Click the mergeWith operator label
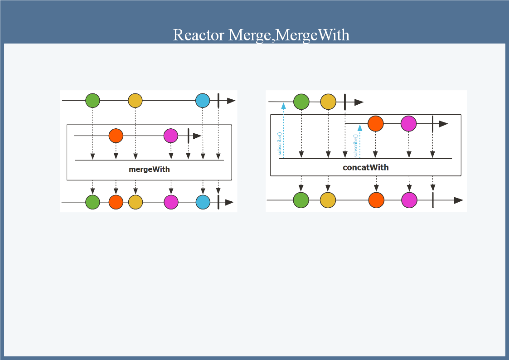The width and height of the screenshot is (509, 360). (x=149, y=170)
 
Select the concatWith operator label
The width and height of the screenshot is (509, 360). (x=365, y=167)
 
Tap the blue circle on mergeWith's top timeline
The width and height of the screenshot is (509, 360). (x=203, y=101)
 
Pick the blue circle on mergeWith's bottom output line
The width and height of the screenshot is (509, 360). (x=203, y=202)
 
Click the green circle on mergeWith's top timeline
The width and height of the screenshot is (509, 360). (x=92, y=101)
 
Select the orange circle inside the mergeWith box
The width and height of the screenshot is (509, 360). (x=116, y=136)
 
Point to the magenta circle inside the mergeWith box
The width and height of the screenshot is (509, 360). (x=171, y=136)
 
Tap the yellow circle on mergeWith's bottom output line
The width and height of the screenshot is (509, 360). (x=136, y=202)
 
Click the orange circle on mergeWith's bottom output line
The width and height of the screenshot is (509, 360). (x=116, y=202)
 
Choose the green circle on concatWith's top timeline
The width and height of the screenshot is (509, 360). (x=301, y=102)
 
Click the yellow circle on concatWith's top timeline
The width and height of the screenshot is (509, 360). (x=328, y=102)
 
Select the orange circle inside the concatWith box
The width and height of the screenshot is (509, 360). (x=376, y=123)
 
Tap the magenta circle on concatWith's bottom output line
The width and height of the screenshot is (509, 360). (x=409, y=200)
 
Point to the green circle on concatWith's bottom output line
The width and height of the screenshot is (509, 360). (x=301, y=200)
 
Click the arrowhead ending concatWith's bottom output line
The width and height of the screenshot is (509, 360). (x=458, y=200)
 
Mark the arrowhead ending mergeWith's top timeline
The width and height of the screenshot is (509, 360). (x=231, y=101)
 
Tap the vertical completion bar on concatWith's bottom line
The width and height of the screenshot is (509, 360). (x=433, y=200)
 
